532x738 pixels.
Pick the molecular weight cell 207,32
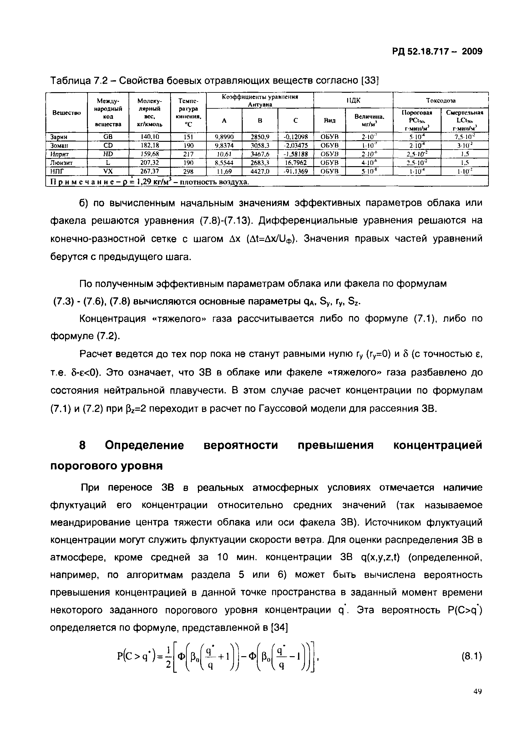[149, 162]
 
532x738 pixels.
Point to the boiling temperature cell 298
[188, 171]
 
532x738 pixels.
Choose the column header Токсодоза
[441, 101]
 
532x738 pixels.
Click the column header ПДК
[353, 101]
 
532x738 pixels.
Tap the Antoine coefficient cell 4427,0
[260, 171]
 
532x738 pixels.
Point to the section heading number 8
[83, 445]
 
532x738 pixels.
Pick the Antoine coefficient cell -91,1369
[296, 171]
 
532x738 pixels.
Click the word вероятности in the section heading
[241, 445]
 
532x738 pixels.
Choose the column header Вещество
[66, 112]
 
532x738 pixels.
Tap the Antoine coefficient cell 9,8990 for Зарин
[224, 137]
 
